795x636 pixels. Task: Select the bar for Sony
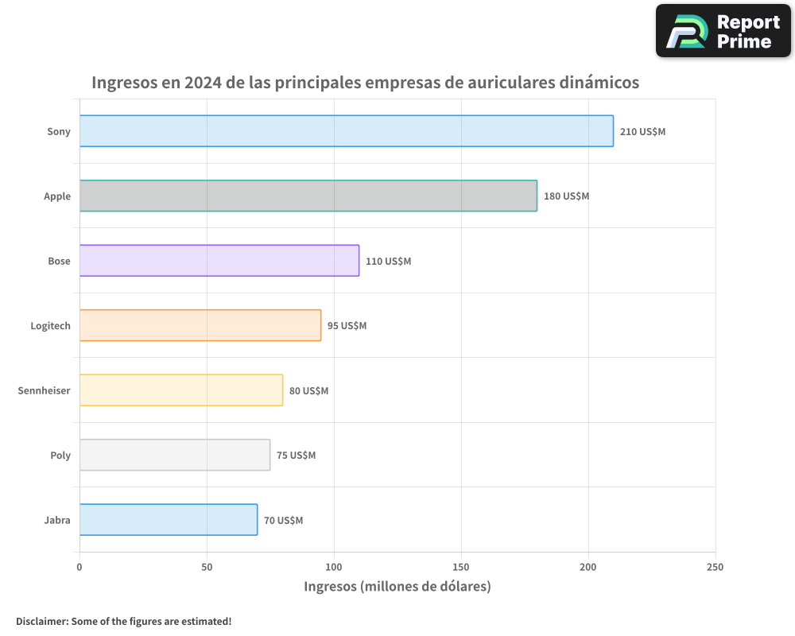(x=346, y=131)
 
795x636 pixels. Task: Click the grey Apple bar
(x=308, y=196)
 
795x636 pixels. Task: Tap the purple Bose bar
(x=219, y=261)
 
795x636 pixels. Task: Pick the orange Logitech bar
(x=200, y=325)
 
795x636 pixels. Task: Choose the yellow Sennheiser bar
(x=181, y=390)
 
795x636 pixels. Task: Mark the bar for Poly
(x=175, y=455)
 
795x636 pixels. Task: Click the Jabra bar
(x=169, y=520)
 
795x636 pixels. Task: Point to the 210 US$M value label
(x=642, y=131)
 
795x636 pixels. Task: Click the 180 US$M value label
(x=566, y=196)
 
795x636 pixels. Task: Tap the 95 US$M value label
(x=347, y=325)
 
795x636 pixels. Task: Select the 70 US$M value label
(x=283, y=520)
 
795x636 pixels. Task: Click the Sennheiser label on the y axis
(x=44, y=390)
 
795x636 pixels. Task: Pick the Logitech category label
(x=50, y=325)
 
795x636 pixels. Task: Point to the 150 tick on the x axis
(x=461, y=567)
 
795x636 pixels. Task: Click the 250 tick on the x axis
(x=715, y=567)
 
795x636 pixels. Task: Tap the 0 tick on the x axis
(x=79, y=567)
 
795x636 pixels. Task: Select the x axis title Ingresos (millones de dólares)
(x=397, y=587)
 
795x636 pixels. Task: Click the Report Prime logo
(x=723, y=31)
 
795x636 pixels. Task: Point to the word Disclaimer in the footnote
(x=41, y=621)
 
